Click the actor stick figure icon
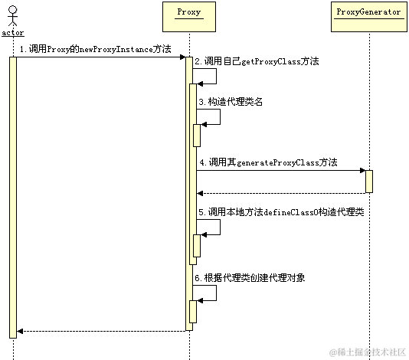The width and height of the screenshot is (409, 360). coord(12,15)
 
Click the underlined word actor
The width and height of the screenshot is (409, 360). coord(13,33)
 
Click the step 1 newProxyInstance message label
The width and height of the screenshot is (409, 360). coord(95,48)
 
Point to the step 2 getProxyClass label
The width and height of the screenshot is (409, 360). coord(257,61)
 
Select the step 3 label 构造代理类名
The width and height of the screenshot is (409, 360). coord(231,101)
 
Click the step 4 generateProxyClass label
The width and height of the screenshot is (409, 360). coord(268,162)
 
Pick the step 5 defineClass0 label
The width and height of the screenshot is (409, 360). coord(280,211)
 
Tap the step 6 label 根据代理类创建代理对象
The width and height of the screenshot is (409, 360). coord(250,277)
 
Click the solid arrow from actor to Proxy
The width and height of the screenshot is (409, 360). coord(100,57)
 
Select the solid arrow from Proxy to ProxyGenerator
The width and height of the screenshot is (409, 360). coord(280,171)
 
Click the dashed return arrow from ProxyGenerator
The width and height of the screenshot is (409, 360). coord(280,192)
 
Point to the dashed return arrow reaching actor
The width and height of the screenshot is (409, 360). coord(100,331)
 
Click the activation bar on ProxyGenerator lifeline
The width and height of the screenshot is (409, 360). coord(368,182)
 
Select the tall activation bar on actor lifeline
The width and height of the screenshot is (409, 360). coord(13,195)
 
